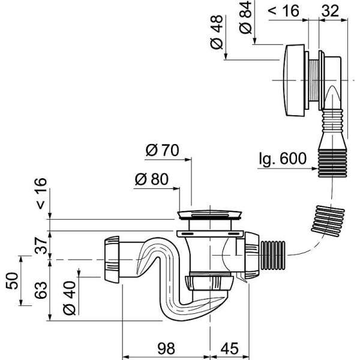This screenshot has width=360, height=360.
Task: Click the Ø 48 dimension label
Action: click(x=217, y=35)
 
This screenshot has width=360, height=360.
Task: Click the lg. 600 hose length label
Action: click(x=283, y=160)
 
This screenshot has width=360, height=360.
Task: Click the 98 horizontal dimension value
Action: click(x=166, y=347)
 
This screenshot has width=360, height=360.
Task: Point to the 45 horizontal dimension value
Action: click(x=230, y=347)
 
